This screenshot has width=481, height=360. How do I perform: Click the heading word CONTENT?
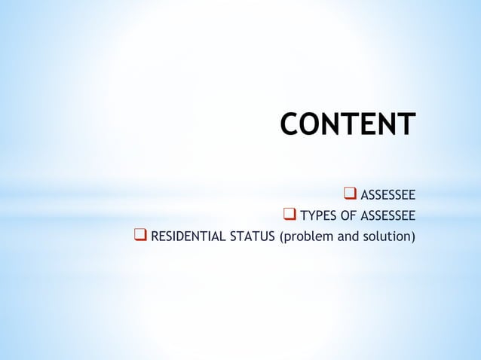click(x=347, y=124)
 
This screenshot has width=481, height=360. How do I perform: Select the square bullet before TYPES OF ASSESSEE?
click(x=289, y=218)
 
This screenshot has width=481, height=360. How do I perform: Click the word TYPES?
click(x=319, y=218)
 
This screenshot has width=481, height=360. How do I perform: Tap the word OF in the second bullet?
click(x=349, y=218)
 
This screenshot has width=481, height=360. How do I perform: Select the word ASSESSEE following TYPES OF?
click(x=388, y=218)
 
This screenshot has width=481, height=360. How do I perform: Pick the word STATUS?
click(x=253, y=239)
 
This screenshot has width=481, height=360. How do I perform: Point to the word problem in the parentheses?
click(x=306, y=239)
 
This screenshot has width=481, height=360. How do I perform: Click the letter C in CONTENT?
click(x=290, y=124)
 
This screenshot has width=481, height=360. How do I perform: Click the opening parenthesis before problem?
click(x=281, y=239)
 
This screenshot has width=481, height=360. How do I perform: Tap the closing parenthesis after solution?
click(x=413, y=239)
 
